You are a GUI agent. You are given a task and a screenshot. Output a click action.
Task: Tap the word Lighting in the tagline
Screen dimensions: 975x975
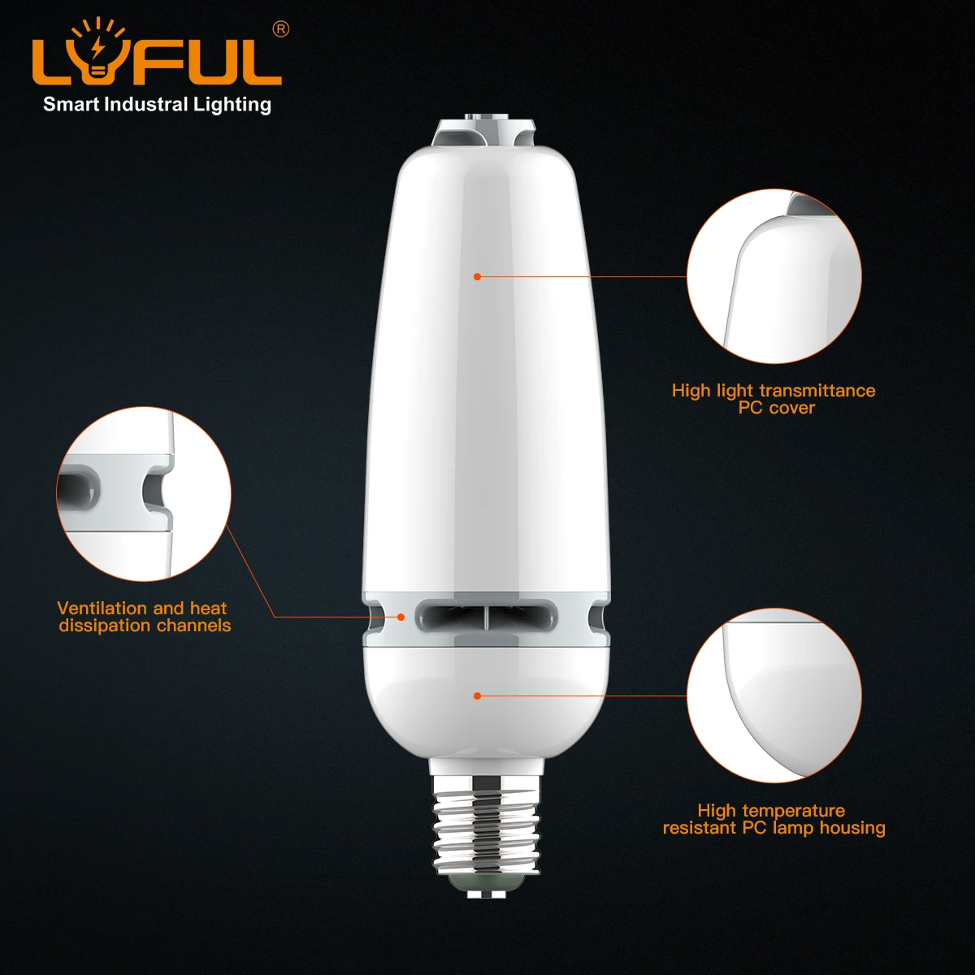(x=232, y=105)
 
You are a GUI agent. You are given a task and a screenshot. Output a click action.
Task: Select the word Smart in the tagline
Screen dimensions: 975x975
(x=71, y=104)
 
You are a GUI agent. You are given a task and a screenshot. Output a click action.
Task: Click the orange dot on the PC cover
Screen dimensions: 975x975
(x=478, y=277)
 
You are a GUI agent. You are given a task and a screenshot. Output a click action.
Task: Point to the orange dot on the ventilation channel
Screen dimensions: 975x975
(x=401, y=617)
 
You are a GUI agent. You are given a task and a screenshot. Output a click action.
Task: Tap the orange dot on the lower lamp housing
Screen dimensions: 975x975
(x=478, y=695)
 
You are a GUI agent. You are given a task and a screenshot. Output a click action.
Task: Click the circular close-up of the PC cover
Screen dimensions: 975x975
(x=773, y=277)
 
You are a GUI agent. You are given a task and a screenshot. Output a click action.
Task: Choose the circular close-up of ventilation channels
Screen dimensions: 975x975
(x=144, y=494)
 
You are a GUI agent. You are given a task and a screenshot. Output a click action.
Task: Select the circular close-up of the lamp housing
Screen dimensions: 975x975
(x=773, y=696)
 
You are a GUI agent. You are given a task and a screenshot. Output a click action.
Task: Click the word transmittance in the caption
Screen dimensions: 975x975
(x=817, y=391)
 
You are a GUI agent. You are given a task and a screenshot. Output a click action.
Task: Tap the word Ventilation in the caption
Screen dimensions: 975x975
(x=102, y=609)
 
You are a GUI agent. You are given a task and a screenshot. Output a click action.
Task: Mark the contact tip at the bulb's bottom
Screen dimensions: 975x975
(x=486, y=890)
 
